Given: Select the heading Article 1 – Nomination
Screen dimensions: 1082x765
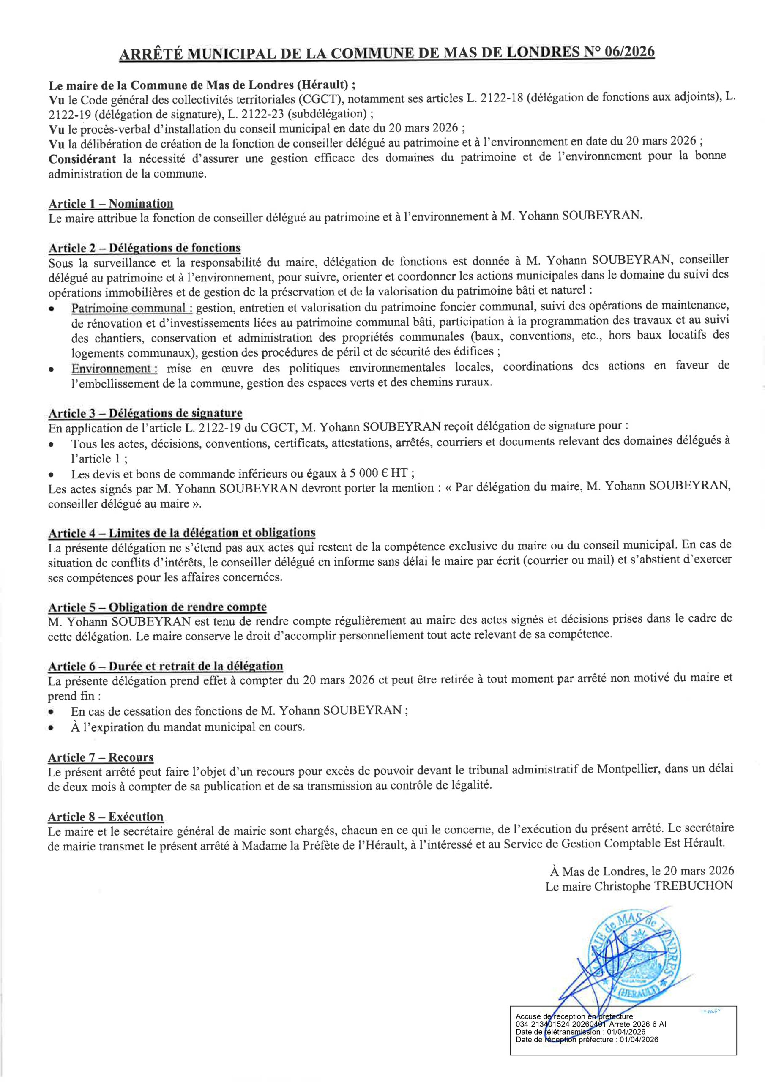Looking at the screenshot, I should [x=111, y=204].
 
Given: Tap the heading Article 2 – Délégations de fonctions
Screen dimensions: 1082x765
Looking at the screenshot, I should [x=144, y=248].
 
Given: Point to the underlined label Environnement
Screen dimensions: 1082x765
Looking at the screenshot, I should [x=114, y=368].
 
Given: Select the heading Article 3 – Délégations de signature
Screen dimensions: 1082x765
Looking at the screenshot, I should [x=145, y=413].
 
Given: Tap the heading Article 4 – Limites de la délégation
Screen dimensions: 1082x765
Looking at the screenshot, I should [x=181, y=533].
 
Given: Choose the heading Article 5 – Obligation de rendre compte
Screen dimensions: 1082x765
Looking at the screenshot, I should [x=157, y=607].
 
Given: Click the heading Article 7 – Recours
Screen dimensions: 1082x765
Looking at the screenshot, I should [x=101, y=757].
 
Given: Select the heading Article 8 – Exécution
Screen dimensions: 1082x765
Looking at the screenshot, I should [x=106, y=817].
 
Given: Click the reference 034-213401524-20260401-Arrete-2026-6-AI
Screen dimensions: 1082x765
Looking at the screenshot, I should [x=591, y=1024].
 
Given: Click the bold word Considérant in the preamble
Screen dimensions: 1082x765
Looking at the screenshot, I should [x=82, y=158].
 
